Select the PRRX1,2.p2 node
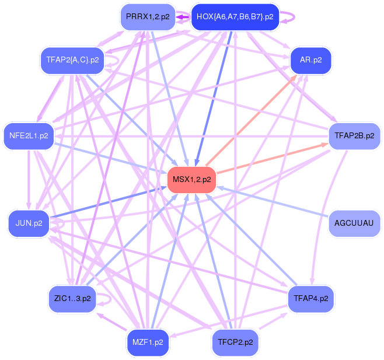pyautogui.click(x=148, y=17)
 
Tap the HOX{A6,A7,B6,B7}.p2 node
pyautogui.click(x=235, y=17)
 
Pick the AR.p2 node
pyautogui.click(x=311, y=60)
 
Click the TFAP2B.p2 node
pyautogui.click(x=354, y=136)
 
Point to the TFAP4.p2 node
pyautogui.click(x=311, y=298)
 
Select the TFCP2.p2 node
pyautogui.click(x=235, y=341)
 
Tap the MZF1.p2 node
pyautogui.click(x=148, y=341)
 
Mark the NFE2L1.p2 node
pyautogui.click(x=29, y=136)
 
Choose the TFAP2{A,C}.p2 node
pyautogui.click(x=72, y=60)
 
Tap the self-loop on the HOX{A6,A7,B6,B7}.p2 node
pyautogui.click(x=289, y=17)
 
